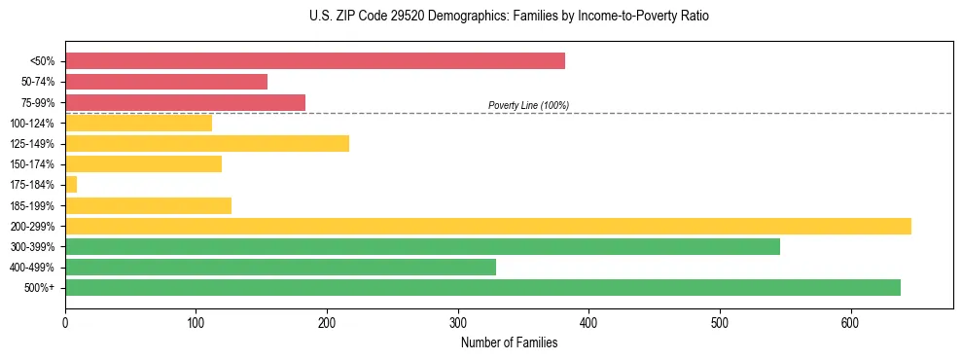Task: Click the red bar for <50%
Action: pyautogui.click(x=315, y=61)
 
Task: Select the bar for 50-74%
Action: pyautogui.click(x=166, y=82)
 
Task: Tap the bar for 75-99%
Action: pyautogui.click(x=185, y=102)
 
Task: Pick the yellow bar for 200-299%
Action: pyautogui.click(x=488, y=226)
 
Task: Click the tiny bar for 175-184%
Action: pyautogui.click(x=71, y=184)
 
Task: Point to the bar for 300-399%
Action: pyautogui.click(x=422, y=246)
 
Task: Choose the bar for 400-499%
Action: pyautogui.click(x=280, y=267)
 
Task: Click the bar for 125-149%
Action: pyautogui.click(x=207, y=143)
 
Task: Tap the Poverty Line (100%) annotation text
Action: pyautogui.click(x=528, y=105)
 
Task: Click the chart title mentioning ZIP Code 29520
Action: pyautogui.click(x=481, y=17)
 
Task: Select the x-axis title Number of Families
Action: pyautogui.click(x=509, y=342)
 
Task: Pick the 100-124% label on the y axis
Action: pyautogui.click(x=32, y=123)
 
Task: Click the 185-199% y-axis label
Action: pyautogui.click(x=32, y=205)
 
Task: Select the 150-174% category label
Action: pyautogui.click(x=32, y=163)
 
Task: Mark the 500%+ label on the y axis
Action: pyautogui.click(x=39, y=287)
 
